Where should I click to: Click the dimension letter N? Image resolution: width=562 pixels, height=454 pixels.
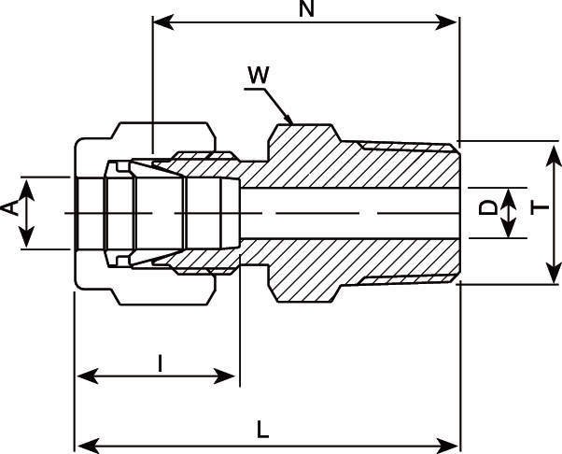[x=305, y=9]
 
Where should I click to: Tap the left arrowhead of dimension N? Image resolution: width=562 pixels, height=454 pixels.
[x=159, y=21]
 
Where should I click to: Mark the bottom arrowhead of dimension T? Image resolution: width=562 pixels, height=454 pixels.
[x=549, y=277]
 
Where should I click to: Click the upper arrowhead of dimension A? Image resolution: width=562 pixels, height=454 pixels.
[x=27, y=183]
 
